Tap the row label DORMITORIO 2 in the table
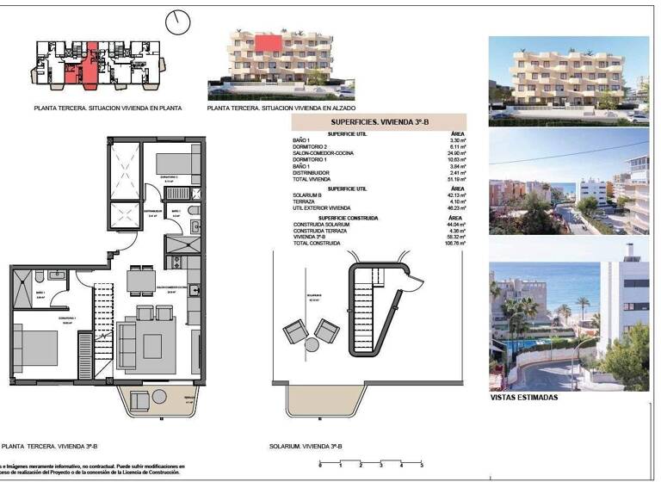coord(313,147)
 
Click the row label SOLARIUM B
coord(310,195)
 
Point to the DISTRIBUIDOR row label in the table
coord(314,171)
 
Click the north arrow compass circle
coord(180,22)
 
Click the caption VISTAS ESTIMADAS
coord(522,397)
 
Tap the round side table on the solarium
coord(310,346)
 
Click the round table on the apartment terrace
coord(160,397)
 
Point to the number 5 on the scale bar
coord(422,465)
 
